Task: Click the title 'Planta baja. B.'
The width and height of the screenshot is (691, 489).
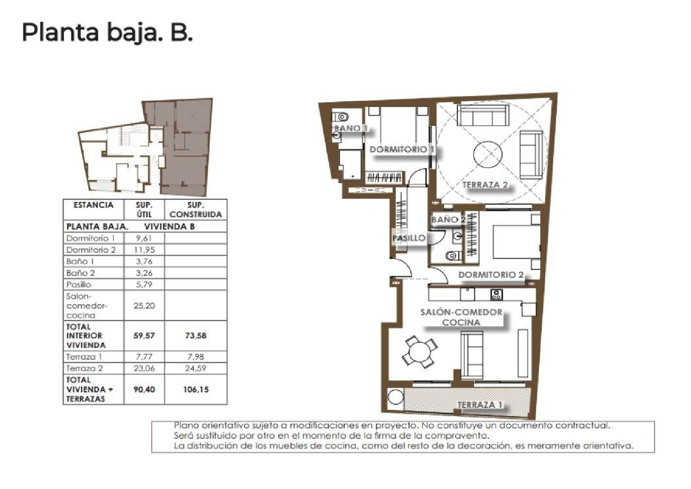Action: pyautogui.click(x=107, y=33)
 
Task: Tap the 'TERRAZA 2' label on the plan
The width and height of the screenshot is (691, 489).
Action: pyautogui.click(x=485, y=185)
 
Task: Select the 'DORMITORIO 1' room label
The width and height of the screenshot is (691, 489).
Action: pyautogui.click(x=402, y=150)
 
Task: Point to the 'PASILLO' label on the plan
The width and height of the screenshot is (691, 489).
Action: pyautogui.click(x=409, y=238)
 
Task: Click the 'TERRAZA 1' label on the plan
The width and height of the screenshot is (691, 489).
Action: pyautogui.click(x=480, y=405)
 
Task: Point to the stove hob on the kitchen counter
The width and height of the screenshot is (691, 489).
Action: pyautogui.click(x=496, y=294)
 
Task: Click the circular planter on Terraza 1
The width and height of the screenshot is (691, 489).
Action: pyautogui.click(x=395, y=398)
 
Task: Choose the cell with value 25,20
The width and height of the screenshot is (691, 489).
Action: pyautogui.click(x=144, y=306)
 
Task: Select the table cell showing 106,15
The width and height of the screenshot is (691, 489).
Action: pyautogui.click(x=196, y=390)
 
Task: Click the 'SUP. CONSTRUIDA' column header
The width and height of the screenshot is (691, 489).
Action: pyautogui.click(x=196, y=210)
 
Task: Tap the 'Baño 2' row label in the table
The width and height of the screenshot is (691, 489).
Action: pyautogui.click(x=81, y=273)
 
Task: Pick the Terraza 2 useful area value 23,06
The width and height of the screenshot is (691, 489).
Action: pyautogui.click(x=144, y=368)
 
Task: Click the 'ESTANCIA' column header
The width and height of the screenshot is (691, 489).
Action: pyautogui.click(x=94, y=205)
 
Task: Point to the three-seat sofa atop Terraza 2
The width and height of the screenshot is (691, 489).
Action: pyautogui.click(x=483, y=115)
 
